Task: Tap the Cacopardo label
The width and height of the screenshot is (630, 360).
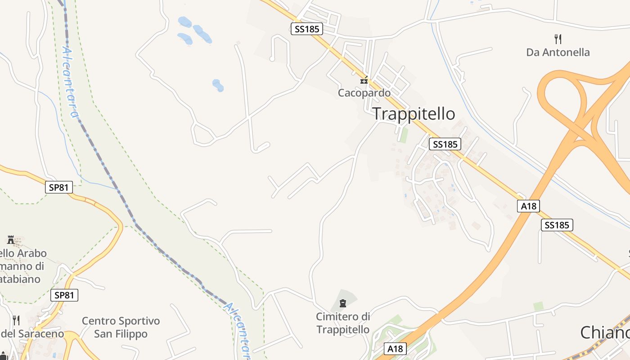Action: pos(364,93)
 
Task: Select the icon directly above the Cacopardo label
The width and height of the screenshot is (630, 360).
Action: pos(364,81)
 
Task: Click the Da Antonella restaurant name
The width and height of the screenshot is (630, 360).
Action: pos(558,52)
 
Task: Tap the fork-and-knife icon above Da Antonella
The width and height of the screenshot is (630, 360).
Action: pos(558,39)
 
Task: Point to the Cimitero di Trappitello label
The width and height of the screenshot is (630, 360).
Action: pos(343,323)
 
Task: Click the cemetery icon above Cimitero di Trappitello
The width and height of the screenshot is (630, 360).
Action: pos(343,303)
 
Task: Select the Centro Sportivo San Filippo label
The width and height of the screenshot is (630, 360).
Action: pos(121,328)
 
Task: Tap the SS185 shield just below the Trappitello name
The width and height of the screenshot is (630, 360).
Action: pos(445,144)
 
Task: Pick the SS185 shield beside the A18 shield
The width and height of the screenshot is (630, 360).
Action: pos(557,225)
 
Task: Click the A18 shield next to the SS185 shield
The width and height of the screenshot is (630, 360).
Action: pos(528,206)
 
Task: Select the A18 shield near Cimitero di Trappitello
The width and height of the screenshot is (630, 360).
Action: pos(396,349)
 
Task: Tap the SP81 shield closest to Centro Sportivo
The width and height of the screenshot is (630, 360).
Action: pos(64,295)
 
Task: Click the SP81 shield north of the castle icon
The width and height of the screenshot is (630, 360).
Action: pos(59,187)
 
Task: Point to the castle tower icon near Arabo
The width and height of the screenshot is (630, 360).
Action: pos(11,239)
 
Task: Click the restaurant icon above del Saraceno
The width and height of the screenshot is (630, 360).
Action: pos(16,320)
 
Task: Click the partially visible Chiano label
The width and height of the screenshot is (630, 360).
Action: pos(605,333)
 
